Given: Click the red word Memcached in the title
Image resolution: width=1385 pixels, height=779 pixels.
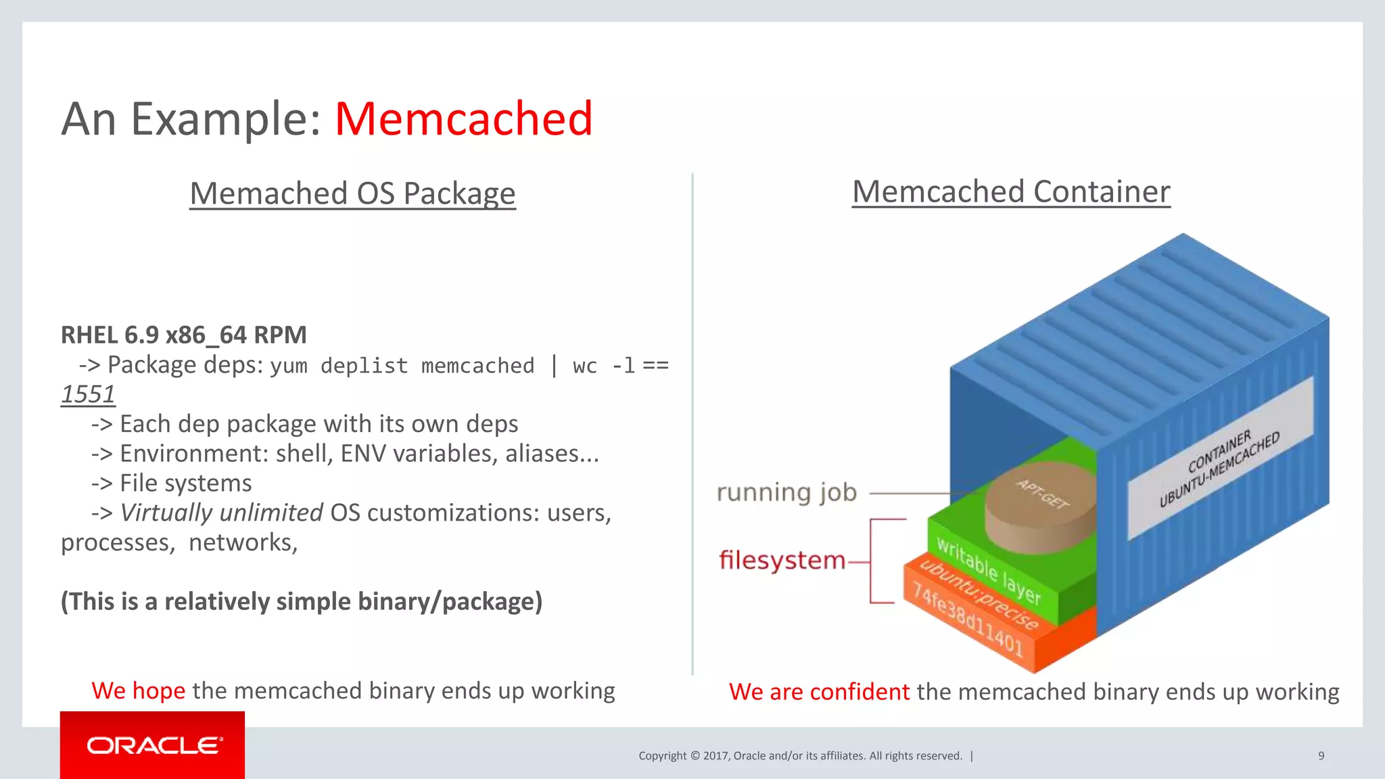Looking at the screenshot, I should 463,119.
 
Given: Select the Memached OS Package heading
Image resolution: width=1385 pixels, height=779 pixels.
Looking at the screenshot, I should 352,193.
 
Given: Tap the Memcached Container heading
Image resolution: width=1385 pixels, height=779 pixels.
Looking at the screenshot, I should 1010,192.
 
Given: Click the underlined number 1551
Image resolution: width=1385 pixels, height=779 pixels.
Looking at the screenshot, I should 88,394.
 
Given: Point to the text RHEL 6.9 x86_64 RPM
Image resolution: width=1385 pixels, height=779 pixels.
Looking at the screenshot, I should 183,335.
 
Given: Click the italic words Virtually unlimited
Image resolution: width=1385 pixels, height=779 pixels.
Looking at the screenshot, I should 221,513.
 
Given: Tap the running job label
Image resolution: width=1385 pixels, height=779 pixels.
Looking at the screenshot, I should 787,492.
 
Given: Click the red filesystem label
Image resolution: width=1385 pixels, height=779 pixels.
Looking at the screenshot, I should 782,561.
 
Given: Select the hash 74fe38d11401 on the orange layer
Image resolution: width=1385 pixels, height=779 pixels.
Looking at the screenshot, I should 967,619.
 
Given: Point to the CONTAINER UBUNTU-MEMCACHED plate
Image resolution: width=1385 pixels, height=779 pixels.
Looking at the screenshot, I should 1220,460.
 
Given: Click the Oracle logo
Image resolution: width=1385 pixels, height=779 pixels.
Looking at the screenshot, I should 153,745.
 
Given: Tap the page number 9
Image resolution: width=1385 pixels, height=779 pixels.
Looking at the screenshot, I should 1321,756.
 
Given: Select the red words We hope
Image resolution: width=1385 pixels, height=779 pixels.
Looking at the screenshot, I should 139,690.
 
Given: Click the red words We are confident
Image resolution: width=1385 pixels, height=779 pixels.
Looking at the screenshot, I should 819,692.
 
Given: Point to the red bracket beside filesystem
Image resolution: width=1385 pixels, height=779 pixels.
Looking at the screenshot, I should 872,561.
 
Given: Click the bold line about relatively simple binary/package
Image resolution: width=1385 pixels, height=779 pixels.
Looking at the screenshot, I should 302,601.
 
